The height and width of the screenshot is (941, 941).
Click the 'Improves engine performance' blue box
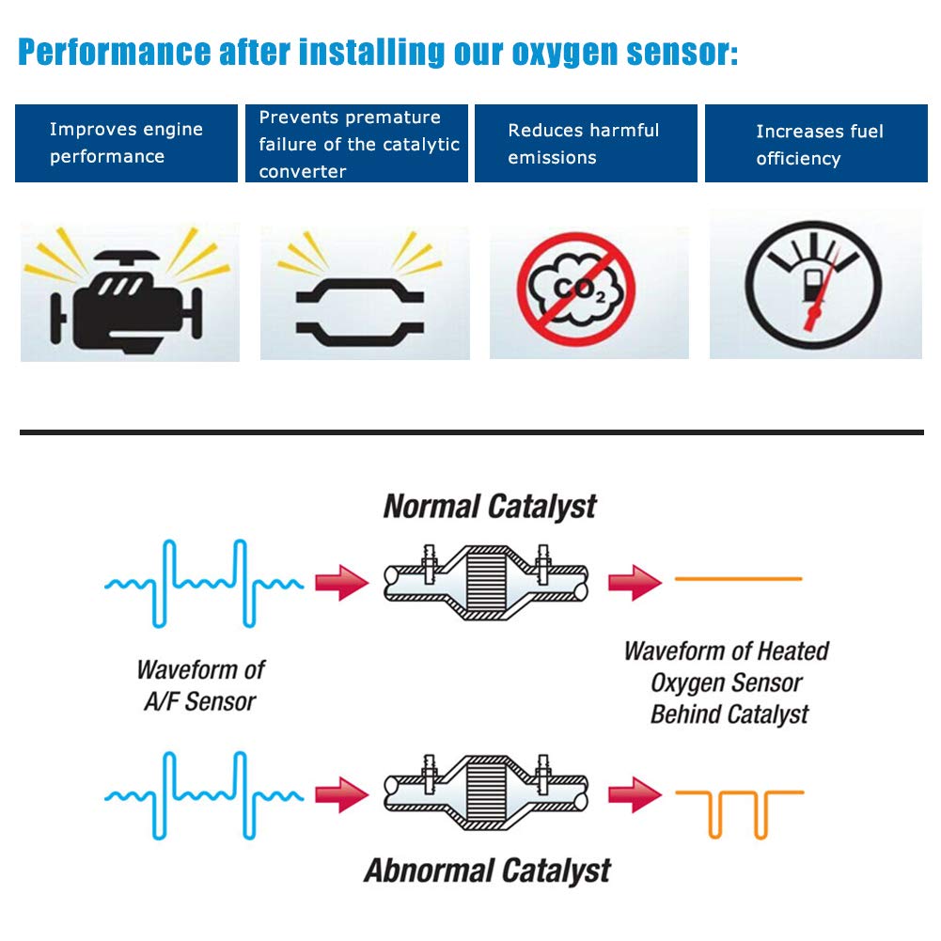coord(126,143)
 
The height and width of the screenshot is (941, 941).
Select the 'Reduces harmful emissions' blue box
coord(585,143)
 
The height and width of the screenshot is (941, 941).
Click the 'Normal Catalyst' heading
coord(490,507)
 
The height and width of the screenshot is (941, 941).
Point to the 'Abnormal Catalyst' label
coord(487,870)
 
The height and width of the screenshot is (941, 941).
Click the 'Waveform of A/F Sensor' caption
coord(200,685)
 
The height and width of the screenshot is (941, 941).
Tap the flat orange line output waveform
coord(739,579)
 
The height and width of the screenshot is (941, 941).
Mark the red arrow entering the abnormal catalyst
coord(341,795)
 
